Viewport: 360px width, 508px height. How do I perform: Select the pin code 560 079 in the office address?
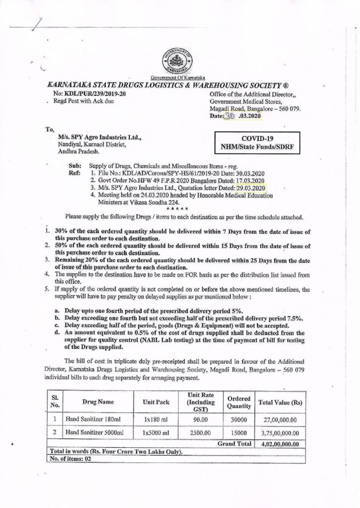(x=289, y=108)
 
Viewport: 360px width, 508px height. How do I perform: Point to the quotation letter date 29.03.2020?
(x=249, y=188)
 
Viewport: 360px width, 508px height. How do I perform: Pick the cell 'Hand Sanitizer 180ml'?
(x=93, y=419)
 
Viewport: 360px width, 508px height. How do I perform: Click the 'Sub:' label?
(x=73, y=167)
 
